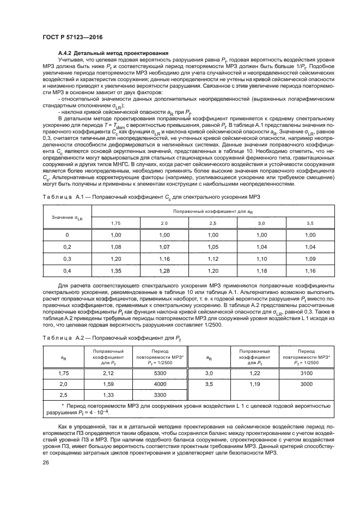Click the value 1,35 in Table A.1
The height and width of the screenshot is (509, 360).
pos(115,271)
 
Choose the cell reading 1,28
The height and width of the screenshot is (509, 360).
pos(164,271)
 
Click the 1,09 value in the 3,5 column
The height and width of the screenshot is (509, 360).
pos(310,259)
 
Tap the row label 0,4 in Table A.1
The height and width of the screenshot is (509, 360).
pos(66,271)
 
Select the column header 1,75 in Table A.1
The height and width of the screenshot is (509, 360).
pos(115,223)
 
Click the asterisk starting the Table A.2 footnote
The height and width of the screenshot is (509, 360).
pos(63,406)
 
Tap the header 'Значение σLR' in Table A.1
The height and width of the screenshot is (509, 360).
pos(66,218)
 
